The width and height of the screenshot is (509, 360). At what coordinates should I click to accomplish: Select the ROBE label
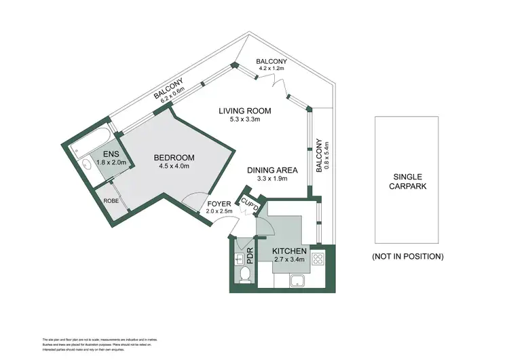[111, 201]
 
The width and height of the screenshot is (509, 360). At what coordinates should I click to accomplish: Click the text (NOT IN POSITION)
[407, 256]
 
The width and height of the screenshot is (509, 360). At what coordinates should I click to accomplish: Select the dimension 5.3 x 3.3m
[246, 121]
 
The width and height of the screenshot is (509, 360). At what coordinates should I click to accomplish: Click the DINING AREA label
[267, 170]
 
